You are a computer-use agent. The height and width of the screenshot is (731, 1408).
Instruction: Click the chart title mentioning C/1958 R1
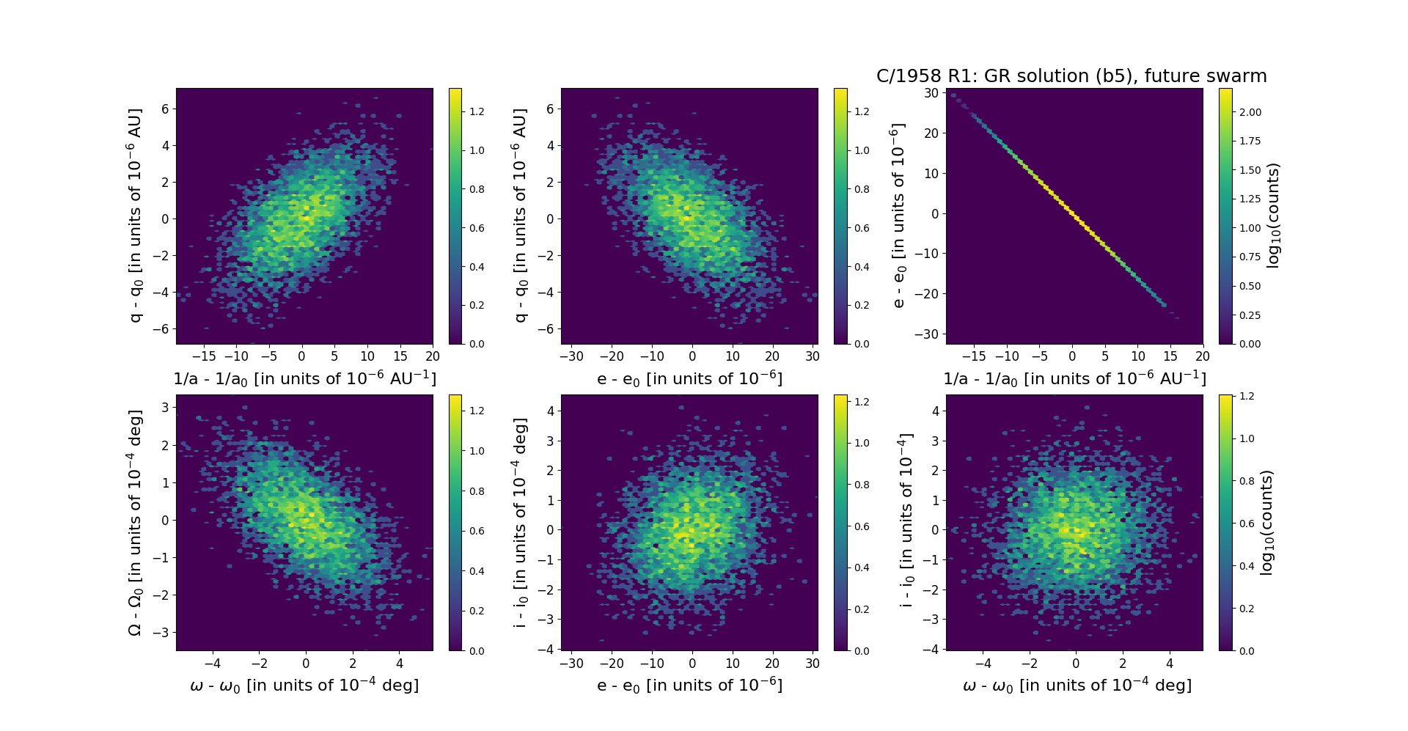(x=1071, y=76)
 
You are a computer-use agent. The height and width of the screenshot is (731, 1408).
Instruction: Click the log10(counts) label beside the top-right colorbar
(x=1273, y=216)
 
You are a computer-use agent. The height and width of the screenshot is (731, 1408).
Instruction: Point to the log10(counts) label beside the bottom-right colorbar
(x=1266, y=522)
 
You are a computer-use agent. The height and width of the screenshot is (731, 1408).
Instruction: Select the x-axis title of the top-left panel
(x=304, y=378)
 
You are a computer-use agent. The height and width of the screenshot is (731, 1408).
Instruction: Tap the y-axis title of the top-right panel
(x=898, y=216)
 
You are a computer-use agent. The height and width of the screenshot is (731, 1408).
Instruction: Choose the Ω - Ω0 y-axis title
(x=135, y=522)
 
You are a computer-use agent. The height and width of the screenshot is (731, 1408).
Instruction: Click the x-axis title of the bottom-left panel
(x=304, y=685)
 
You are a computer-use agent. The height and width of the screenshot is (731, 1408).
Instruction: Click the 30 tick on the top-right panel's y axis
(x=931, y=93)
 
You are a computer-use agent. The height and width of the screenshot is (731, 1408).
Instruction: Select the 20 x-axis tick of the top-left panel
(x=433, y=356)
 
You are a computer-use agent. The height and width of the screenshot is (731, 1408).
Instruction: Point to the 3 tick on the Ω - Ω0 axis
(x=166, y=407)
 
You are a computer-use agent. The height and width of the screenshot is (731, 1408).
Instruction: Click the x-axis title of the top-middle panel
(x=689, y=378)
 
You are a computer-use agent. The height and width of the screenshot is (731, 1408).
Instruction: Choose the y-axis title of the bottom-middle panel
(x=520, y=522)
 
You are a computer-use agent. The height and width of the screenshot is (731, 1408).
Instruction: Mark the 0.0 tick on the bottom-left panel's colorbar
(x=477, y=650)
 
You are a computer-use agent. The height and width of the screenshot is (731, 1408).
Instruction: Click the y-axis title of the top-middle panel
(x=520, y=216)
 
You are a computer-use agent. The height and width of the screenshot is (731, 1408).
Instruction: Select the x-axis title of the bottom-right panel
(x=1077, y=685)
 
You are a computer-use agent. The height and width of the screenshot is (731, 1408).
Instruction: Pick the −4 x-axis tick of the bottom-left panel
(x=212, y=664)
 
